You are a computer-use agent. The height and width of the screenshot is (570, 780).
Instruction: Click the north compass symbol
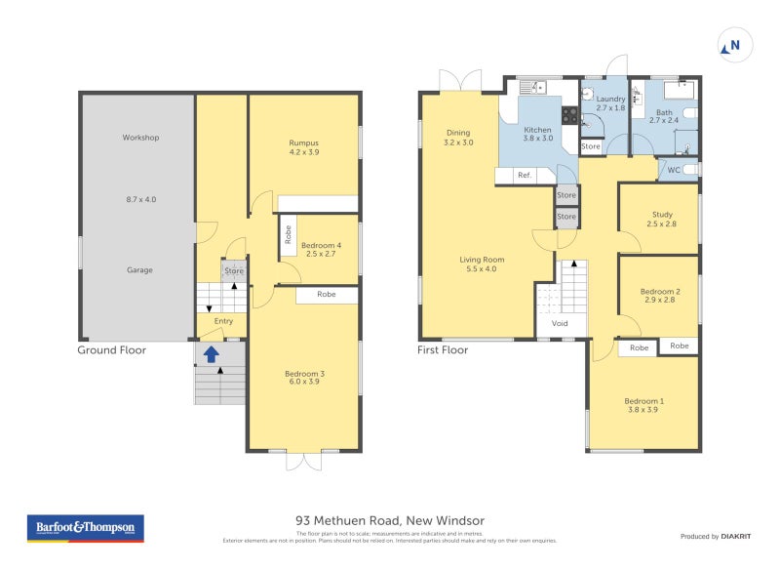(732, 45)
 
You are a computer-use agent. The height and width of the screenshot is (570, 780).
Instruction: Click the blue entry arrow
(211, 354)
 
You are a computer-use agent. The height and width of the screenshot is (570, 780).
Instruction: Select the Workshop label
(140, 138)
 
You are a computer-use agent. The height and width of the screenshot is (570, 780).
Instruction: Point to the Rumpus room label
(304, 142)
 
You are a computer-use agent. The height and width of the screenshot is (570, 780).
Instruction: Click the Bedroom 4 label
(321, 245)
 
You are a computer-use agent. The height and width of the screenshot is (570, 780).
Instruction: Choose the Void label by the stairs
(560, 323)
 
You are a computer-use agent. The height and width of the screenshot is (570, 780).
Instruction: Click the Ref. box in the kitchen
(525, 175)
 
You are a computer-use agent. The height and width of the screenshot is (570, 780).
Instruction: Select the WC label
(674, 170)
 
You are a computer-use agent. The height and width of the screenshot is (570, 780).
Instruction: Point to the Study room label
(662, 214)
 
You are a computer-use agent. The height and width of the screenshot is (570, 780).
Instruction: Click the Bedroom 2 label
(659, 291)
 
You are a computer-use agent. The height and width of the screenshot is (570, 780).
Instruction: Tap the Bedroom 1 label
(643, 401)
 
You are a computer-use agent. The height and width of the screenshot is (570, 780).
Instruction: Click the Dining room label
(458, 133)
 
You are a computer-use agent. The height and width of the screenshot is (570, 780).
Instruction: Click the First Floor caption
(443, 349)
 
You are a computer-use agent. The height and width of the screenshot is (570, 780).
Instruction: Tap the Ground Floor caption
(111, 349)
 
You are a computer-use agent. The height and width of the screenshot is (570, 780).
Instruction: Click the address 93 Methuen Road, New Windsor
(390, 520)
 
